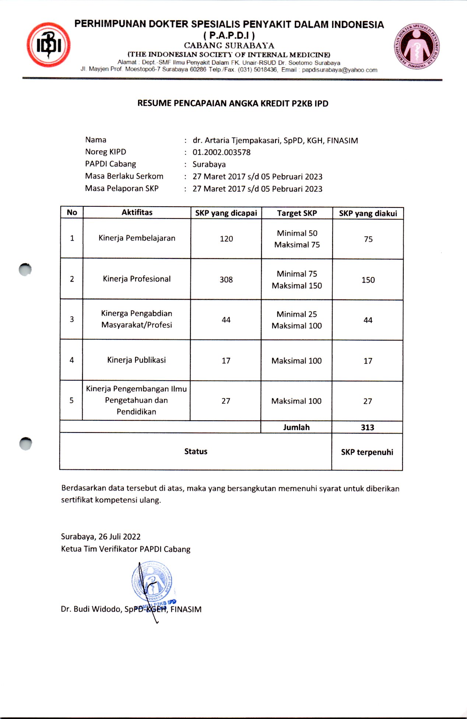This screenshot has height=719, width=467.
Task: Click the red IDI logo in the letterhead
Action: pyautogui.click(x=48, y=45)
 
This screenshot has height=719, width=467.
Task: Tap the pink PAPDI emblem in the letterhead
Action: pyautogui.click(x=417, y=46)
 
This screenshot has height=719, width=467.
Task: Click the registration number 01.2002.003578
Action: pyautogui.click(x=221, y=152)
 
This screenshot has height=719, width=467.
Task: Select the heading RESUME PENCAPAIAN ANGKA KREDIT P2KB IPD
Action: pyautogui.click(x=233, y=103)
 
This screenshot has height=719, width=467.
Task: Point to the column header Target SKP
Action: pyautogui.click(x=297, y=213)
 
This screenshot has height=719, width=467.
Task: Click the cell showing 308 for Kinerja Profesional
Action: pyautogui.click(x=226, y=280)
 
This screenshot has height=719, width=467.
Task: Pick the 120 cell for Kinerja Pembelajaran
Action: pyautogui.click(x=226, y=239)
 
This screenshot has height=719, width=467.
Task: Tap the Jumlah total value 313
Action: pyautogui.click(x=367, y=427)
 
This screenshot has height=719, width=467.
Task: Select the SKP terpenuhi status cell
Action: pyautogui.click(x=367, y=452)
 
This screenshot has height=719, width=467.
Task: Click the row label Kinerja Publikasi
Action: pyautogui.click(x=136, y=360)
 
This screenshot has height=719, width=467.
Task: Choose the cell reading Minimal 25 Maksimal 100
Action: pyautogui.click(x=296, y=320)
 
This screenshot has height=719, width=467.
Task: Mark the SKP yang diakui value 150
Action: pyautogui.click(x=368, y=280)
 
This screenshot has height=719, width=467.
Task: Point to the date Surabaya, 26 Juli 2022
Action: pyautogui.click(x=101, y=537)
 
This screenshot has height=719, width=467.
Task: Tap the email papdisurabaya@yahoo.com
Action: pyautogui.click(x=339, y=70)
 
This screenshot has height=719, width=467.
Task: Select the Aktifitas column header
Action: pyautogui.click(x=137, y=213)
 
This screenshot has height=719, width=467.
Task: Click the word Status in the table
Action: pyautogui.click(x=196, y=451)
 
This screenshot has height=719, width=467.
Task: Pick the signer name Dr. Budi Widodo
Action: pyautogui.click(x=91, y=609)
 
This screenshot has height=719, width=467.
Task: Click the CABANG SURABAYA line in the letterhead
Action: pyautogui.click(x=229, y=46)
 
